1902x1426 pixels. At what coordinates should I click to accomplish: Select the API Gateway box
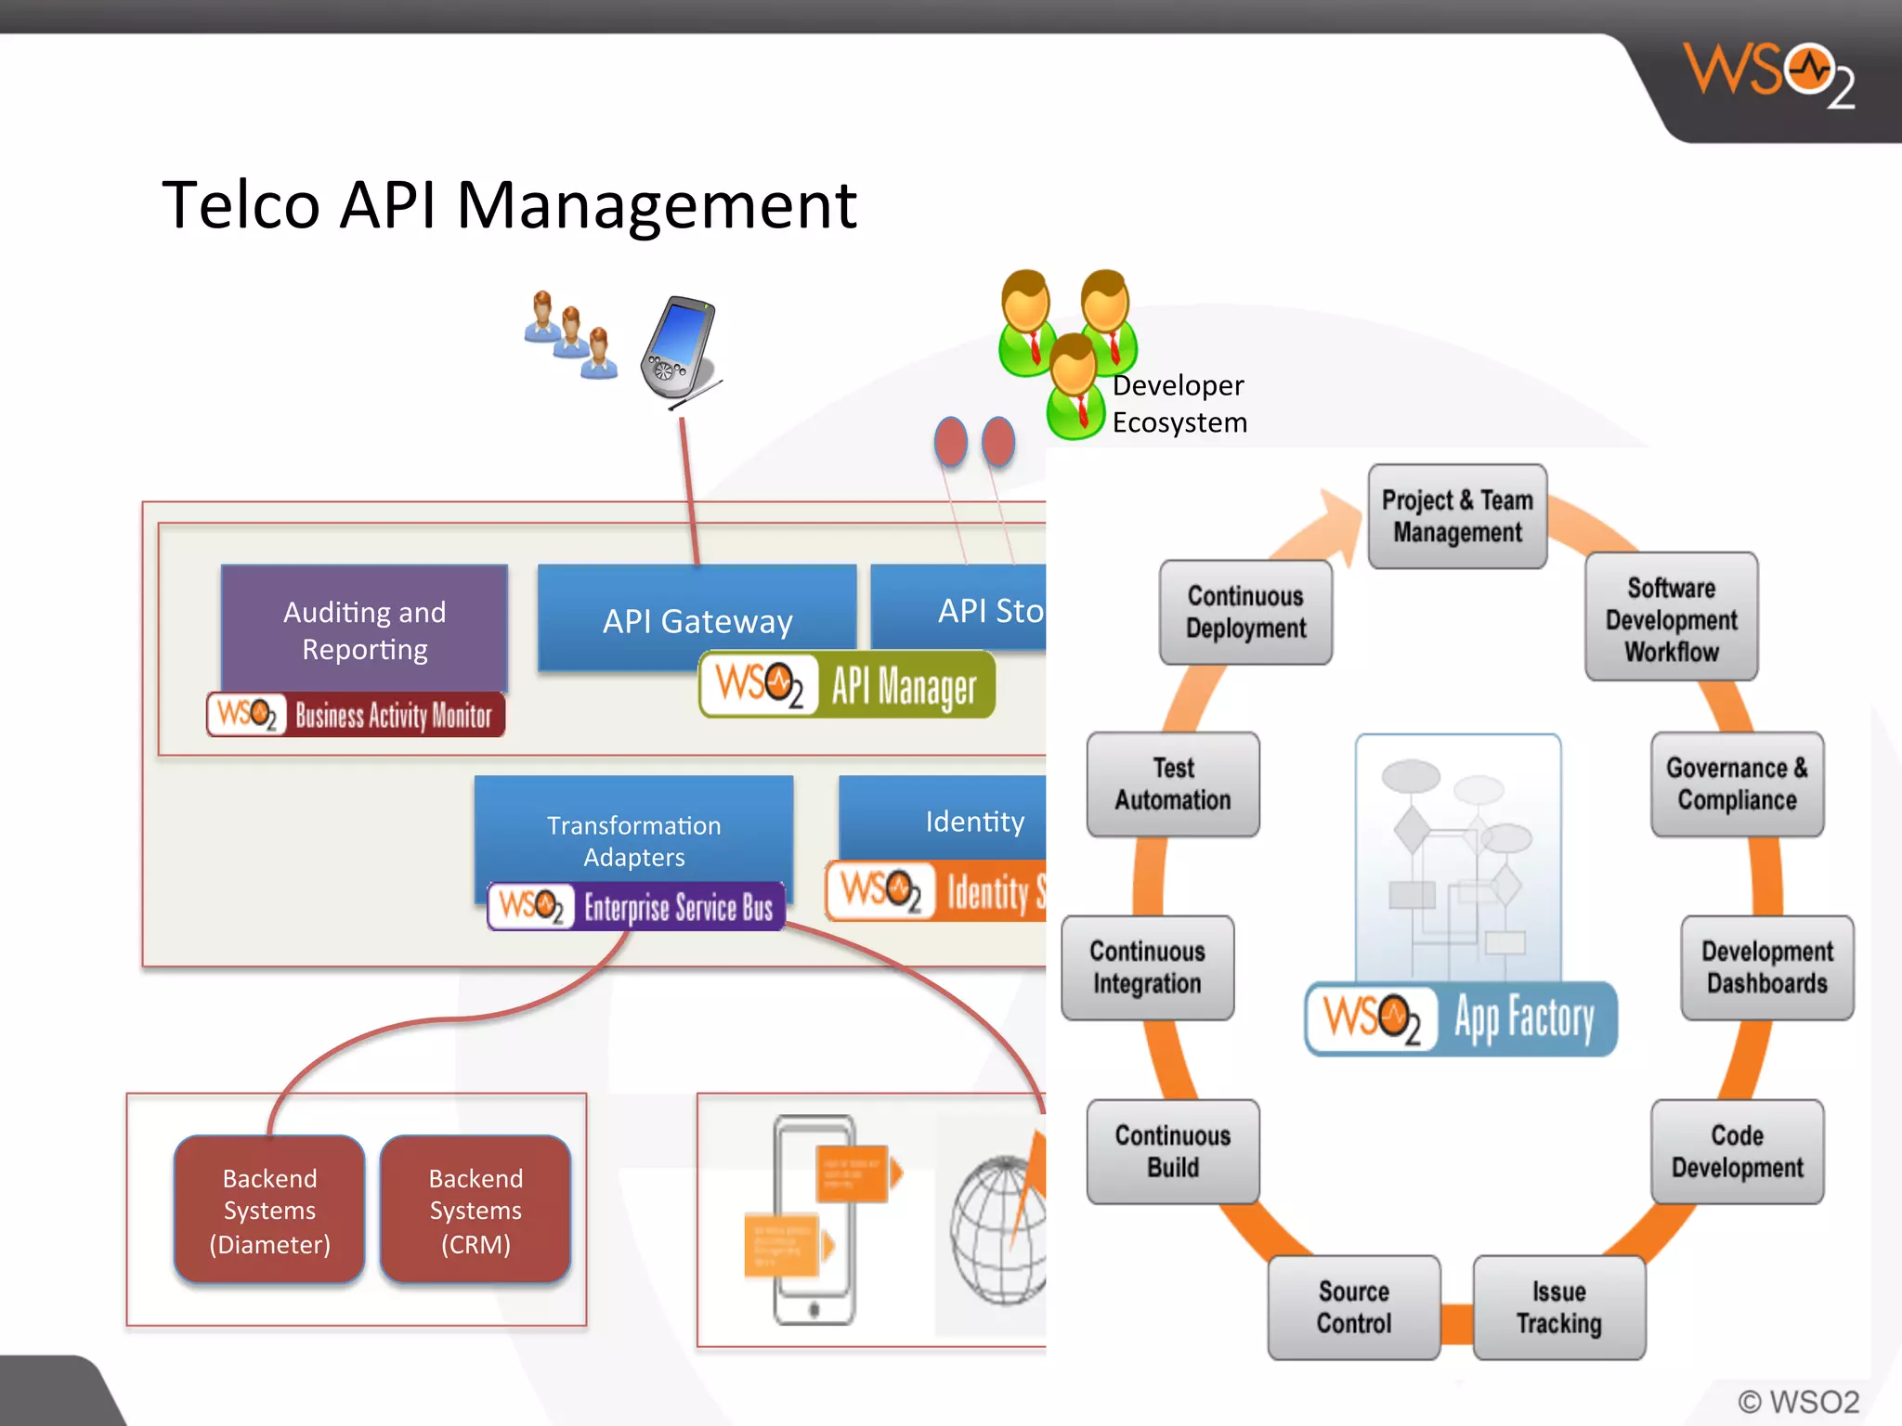tap(697, 613)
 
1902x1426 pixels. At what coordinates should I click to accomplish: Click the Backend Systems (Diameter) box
tap(269, 1210)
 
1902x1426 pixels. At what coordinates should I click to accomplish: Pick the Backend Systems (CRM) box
tap(475, 1210)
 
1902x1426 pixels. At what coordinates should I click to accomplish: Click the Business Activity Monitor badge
tap(356, 715)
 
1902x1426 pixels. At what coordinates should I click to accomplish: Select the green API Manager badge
tap(847, 685)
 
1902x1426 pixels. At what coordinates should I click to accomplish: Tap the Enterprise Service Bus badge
tap(636, 906)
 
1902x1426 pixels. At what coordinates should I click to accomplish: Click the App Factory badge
tap(1461, 1018)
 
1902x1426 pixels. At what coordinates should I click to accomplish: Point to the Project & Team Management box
tap(1457, 516)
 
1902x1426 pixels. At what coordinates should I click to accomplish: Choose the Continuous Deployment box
tap(1245, 612)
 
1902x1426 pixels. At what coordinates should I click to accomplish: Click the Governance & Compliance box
tap(1737, 784)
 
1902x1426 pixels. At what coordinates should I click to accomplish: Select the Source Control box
tap(1353, 1307)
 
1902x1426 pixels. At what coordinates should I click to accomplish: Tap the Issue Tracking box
tap(1558, 1307)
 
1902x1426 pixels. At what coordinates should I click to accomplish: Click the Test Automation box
tap(1173, 784)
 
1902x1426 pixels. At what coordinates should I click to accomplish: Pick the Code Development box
tap(1737, 1151)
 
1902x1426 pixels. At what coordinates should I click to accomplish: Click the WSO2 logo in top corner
tap(1769, 74)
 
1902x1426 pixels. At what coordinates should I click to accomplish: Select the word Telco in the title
tap(241, 205)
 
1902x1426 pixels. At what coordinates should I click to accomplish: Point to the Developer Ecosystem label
tap(1179, 404)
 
